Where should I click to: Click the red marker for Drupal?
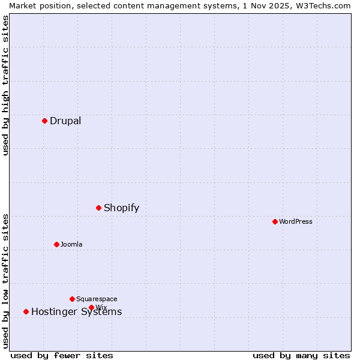tap(44, 121)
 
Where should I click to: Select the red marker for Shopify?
tap(99, 208)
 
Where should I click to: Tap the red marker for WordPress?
tap(275, 221)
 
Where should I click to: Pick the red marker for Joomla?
tap(56, 244)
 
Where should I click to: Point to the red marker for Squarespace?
tap(72, 299)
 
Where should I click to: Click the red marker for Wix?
tap(91, 307)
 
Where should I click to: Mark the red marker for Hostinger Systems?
tap(26, 311)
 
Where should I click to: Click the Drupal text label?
tap(65, 121)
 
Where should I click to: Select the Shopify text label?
tap(121, 208)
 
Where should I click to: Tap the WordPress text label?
tap(296, 221)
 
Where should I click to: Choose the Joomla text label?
tap(71, 244)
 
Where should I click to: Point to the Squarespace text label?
tap(97, 299)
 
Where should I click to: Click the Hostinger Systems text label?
tap(76, 312)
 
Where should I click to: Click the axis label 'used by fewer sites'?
tap(62, 355)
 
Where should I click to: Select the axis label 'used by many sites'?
tap(301, 355)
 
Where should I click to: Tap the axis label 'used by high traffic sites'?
tap(5, 85)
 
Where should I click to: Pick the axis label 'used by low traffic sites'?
tap(5, 280)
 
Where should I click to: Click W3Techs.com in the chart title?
tap(322, 5)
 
